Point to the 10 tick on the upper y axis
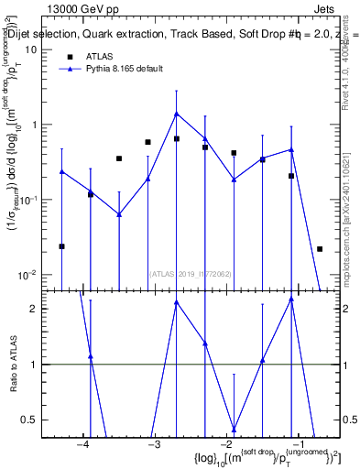[29, 49]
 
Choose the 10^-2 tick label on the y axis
[27, 275]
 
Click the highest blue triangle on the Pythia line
[176, 114]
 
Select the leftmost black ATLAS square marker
[61, 246]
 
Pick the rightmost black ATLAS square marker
[320, 249]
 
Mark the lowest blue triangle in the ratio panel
[234, 429]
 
